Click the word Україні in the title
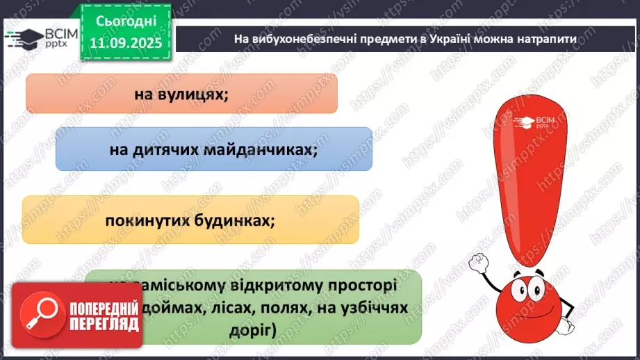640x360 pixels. [x=441, y=39]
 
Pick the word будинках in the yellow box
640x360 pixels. [x=236, y=220]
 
